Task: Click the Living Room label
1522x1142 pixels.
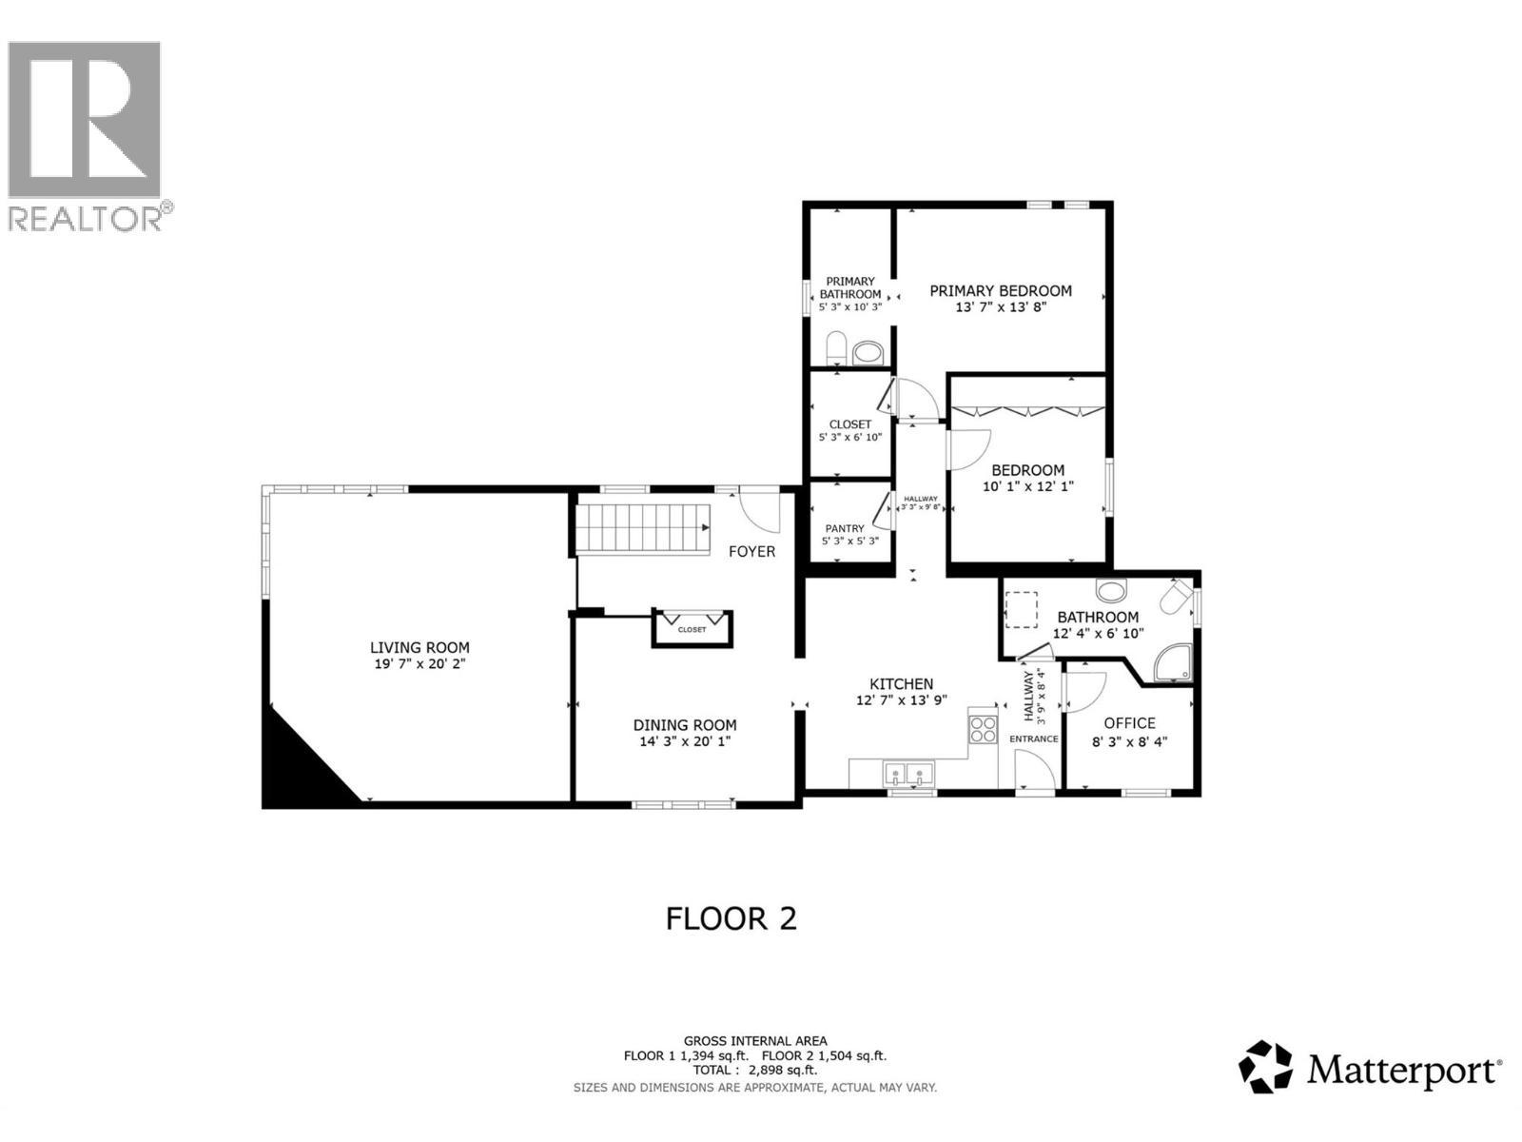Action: tap(420, 648)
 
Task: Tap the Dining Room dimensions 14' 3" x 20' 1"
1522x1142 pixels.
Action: tap(685, 741)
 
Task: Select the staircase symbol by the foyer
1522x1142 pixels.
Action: tap(643, 529)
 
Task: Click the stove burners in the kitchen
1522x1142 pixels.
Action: tap(982, 729)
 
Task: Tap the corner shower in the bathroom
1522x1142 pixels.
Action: tap(1174, 664)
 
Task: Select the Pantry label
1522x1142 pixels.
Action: tap(845, 528)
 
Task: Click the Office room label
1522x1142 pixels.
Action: tap(1129, 723)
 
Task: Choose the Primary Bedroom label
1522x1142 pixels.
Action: tap(1001, 291)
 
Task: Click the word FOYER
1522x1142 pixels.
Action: tap(751, 551)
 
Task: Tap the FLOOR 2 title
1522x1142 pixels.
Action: tap(731, 918)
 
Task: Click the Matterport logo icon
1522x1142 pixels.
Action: tap(1265, 1067)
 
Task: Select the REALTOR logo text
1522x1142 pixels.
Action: tap(86, 219)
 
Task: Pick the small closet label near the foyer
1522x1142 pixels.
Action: tap(693, 630)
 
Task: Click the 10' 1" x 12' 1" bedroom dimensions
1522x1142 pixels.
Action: tap(1027, 486)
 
